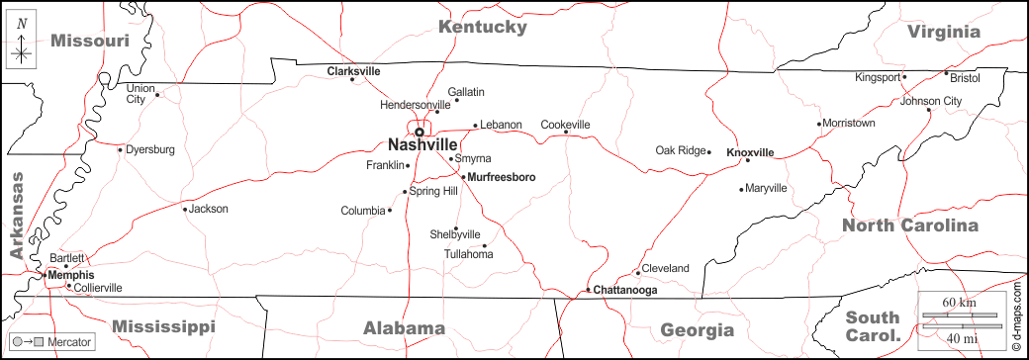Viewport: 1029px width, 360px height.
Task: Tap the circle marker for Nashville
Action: pyautogui.click(x=419, y=132)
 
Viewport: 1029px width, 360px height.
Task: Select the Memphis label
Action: pyautogui.click(x=71, y=275)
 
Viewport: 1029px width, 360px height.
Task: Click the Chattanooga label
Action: pyautogui.click(x=624, y=290)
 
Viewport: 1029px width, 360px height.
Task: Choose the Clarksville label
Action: pyautogui.click(x=353, y=71)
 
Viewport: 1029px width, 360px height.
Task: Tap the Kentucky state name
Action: pyautogui.click(x=483, y=27)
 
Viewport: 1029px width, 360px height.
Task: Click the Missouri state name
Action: pyautogui.click(x=90, y=41)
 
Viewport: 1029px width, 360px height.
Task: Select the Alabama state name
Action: pyautogui.click(x=404, y=328)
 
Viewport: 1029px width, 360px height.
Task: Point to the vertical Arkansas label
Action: pyautogui.click(x=16, y=216)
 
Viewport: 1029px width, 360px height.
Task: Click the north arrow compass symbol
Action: pyautogui.click(x=22, y=45)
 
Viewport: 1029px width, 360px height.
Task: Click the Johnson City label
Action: pyautogui.click(x=931, y=101)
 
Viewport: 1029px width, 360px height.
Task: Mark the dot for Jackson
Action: pyautogui.click(x=185, y=209)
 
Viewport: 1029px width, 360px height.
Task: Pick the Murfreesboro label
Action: pyautogui.click(x=501, y=177)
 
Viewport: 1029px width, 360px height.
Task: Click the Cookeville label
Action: pyautogui.click(x=565, y=125)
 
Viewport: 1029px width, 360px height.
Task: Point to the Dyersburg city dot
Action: pyautogui.click(x=121, y=150)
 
